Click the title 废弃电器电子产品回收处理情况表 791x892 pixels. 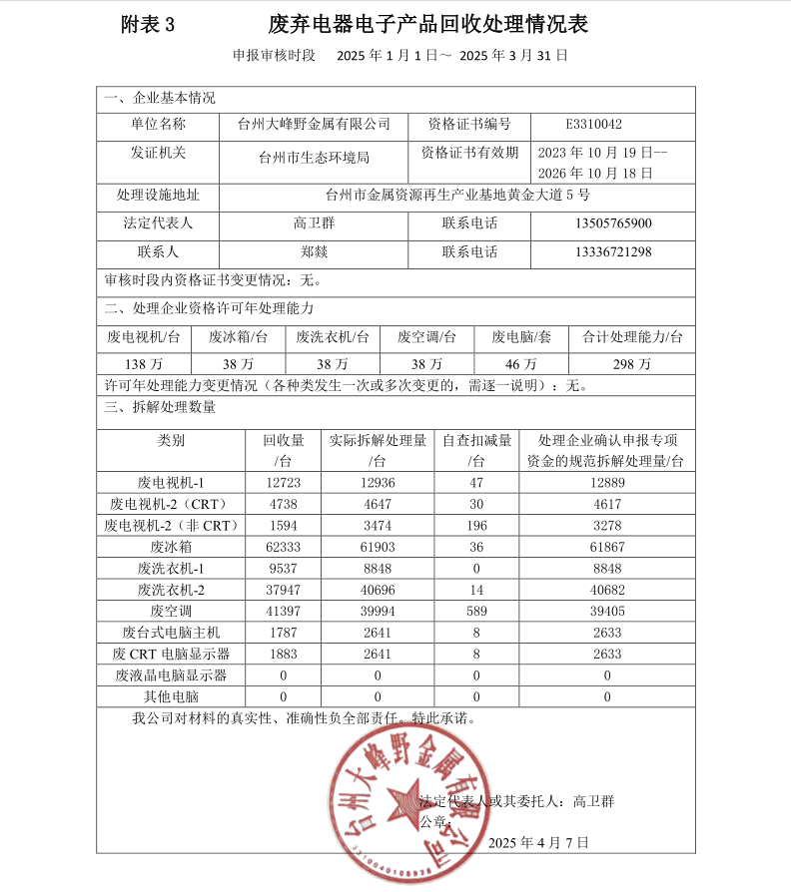(427, 25)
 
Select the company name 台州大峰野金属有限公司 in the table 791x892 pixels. (314, 125)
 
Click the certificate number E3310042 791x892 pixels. (593, 125)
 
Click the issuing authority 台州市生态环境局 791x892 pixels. (314, 158)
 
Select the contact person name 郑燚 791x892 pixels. (314, 252)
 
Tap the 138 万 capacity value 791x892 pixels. (145, 364)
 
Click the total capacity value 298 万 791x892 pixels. (631, 364)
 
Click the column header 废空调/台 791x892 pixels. (426, 338)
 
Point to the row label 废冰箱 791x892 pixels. (171, 548)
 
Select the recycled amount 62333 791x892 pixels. (283, 548)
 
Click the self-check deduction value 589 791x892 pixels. (476, 611)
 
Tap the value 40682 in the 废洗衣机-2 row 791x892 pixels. (607, 590)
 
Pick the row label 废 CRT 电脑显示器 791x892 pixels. (171, 654)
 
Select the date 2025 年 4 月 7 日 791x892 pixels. (539, 843)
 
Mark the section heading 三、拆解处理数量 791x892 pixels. (160, 407)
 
